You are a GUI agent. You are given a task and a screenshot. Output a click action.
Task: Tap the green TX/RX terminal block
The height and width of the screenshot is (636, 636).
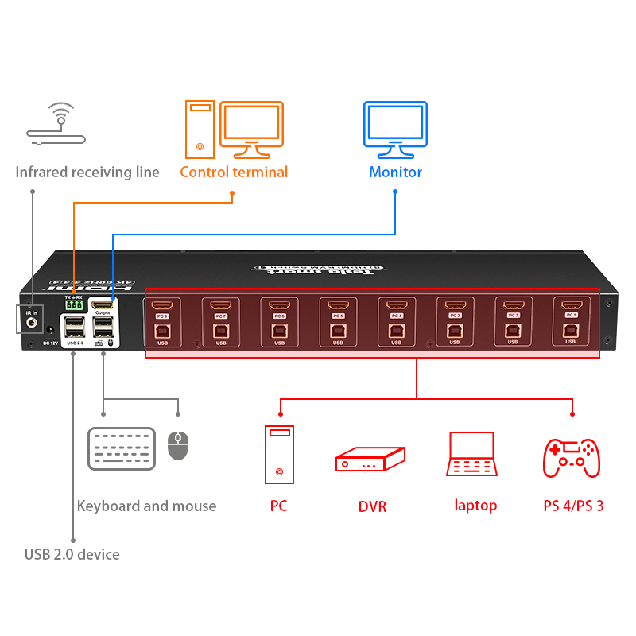click(74, 305)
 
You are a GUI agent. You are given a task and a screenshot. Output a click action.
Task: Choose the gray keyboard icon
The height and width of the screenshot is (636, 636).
click(122, 448)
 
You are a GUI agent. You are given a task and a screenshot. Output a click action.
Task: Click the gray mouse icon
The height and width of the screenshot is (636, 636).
click(178, 445)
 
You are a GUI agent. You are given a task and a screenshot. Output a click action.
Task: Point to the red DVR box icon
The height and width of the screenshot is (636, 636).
click(370, 460)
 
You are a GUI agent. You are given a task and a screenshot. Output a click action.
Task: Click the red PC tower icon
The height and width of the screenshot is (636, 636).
click(278, 455)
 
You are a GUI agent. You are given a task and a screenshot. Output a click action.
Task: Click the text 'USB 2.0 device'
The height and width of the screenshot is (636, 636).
click(72, 554)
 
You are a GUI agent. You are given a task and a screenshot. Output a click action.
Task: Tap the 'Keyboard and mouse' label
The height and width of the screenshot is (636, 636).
click(146, 506)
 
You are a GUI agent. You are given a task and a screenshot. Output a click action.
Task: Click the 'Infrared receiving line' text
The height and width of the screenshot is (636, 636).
click(87, 173)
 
